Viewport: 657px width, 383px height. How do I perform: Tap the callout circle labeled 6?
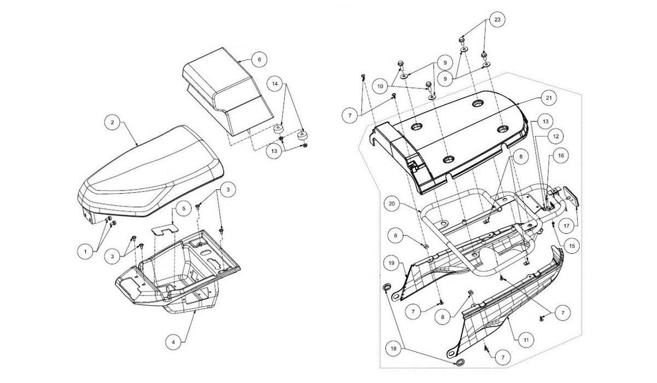coord(260,60)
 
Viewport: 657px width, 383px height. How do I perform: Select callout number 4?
coord(174,342)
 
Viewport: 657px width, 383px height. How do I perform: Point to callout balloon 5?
coord(184,208)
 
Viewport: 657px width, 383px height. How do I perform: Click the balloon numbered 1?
coord(85,252)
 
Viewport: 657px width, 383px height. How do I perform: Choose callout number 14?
coord(275,84)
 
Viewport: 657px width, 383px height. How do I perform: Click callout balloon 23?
coord(498,20)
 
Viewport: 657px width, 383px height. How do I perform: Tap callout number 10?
coord(380,86)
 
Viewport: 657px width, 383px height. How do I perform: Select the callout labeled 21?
coord(549,98)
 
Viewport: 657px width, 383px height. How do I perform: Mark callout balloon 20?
coord(392,204)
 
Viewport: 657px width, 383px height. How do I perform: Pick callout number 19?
coord(391,263)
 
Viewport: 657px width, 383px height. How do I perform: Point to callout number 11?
coord(526,340)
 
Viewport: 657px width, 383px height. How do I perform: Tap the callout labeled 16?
coord(561,155)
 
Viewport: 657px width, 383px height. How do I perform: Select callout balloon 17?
coord(566,226)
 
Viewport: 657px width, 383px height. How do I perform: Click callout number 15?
coord(572,246)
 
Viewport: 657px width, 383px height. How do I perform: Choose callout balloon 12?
coord(556,136)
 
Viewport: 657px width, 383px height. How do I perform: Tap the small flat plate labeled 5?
coord(165,229)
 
